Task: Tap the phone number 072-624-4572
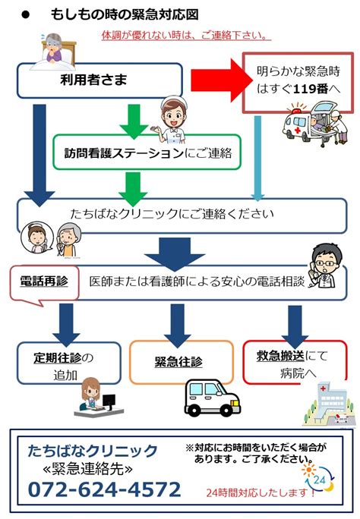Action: click(105, 489)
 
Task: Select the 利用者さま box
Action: click(99, 80)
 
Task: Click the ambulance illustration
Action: click(315, 124)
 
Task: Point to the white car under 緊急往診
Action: click(212, 398)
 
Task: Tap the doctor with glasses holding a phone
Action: click(324, 266)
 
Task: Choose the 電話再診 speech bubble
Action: click(45, 284)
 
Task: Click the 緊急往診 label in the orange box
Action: click(178, 361)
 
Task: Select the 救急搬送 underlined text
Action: click(280, 356)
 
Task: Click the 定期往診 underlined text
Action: click(57, 358)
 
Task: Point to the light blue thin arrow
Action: click(257, 159)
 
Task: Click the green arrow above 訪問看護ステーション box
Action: click(134, 122)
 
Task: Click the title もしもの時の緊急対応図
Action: click(125, 14)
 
